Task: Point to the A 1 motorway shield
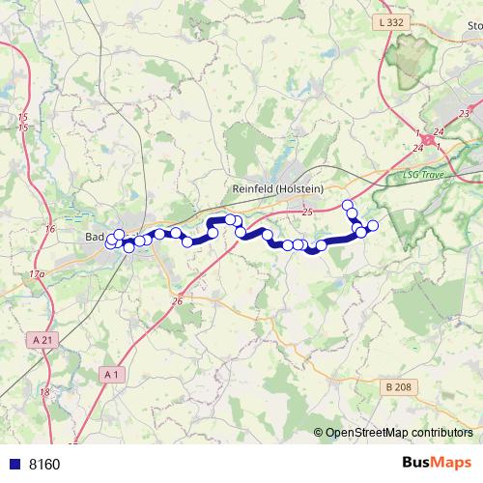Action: (111, 373)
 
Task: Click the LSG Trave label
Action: (421, 176)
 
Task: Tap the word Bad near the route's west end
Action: (95, 237)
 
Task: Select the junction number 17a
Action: (37, 275)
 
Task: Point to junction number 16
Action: (50, 228)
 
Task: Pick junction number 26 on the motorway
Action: (178, 302)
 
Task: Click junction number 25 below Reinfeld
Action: (308, 212)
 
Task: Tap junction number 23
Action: (465, 113)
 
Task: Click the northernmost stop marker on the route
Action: (348, 204)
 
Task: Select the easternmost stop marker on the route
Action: (373, 226)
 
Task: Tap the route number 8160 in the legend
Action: (44, 465)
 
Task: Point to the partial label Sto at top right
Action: (472, 26)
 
